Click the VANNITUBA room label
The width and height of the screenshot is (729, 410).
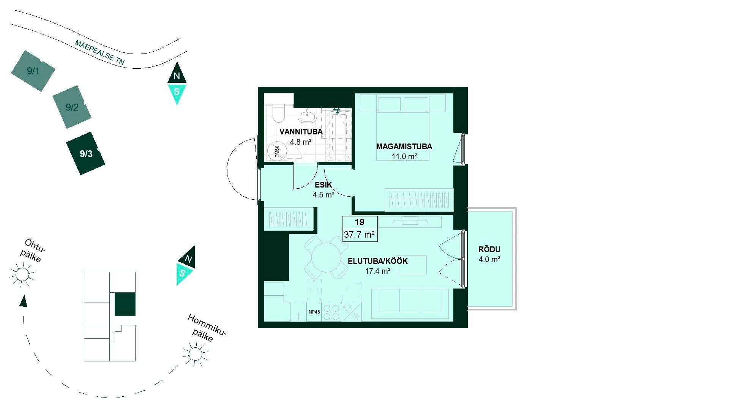click(x=301, y=132)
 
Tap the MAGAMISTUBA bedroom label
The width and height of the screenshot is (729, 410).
click(x=404, y=147)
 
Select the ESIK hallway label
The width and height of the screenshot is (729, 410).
click(x=323, y=185)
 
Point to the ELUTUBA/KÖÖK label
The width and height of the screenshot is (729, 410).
click(x=378, y=261)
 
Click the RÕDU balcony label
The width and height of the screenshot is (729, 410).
click(x=489, y=249)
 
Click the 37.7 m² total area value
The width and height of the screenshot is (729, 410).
click(x=360, y=235)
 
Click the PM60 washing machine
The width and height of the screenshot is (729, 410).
click(x=276, y=151)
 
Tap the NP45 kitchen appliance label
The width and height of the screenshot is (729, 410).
click(x=314, y=312)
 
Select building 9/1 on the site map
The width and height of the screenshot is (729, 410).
click(x=33, y=71)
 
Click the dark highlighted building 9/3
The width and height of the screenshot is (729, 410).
click(x=86, y=153)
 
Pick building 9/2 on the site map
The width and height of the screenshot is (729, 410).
click(x=72, y=107)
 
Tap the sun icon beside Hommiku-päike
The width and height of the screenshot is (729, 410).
click(x=195, y=354)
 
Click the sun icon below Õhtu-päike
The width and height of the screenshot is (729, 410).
click(x=22, y=274)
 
